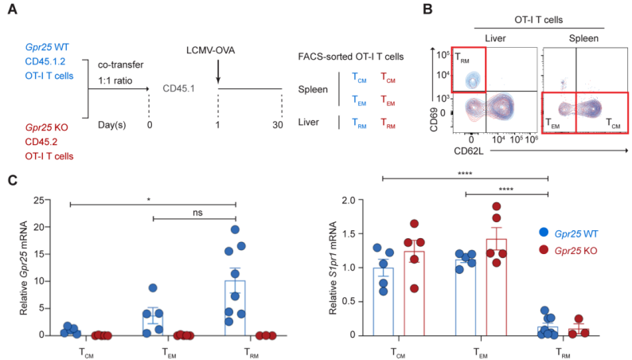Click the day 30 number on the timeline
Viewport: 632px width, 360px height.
coord(282,126)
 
